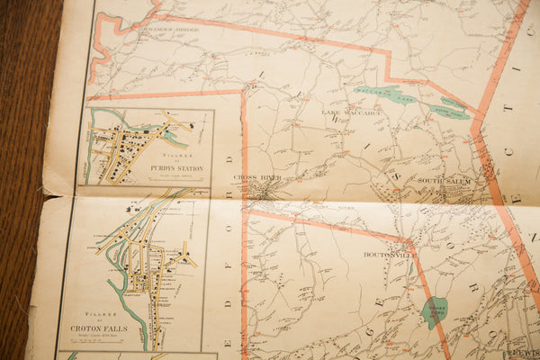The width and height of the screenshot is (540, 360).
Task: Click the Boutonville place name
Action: [x=387, y=255]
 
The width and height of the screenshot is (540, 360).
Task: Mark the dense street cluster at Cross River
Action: [x=262, y=191]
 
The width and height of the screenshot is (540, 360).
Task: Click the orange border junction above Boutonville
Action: [x=409, y=241]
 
